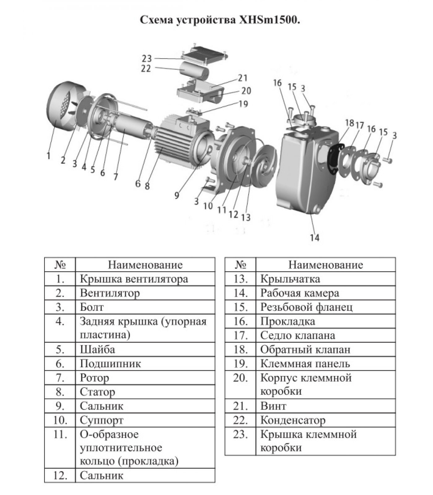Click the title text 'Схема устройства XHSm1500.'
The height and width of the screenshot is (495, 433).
coord(220,20)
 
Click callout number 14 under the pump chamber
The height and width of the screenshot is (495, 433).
coord(314,238)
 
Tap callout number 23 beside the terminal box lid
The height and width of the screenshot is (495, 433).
coord(147,58)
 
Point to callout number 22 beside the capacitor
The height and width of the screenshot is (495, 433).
coord(146,68)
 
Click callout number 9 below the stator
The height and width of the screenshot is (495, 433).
coord(177,195)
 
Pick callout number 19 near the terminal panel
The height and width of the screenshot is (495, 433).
coord(243,104)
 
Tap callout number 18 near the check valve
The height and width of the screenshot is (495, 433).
coord(350,123)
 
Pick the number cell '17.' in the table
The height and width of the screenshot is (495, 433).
coord(240,335)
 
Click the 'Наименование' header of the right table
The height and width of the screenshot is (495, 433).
coord(325,265)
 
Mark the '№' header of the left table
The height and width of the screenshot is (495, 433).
coord(60,265)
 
